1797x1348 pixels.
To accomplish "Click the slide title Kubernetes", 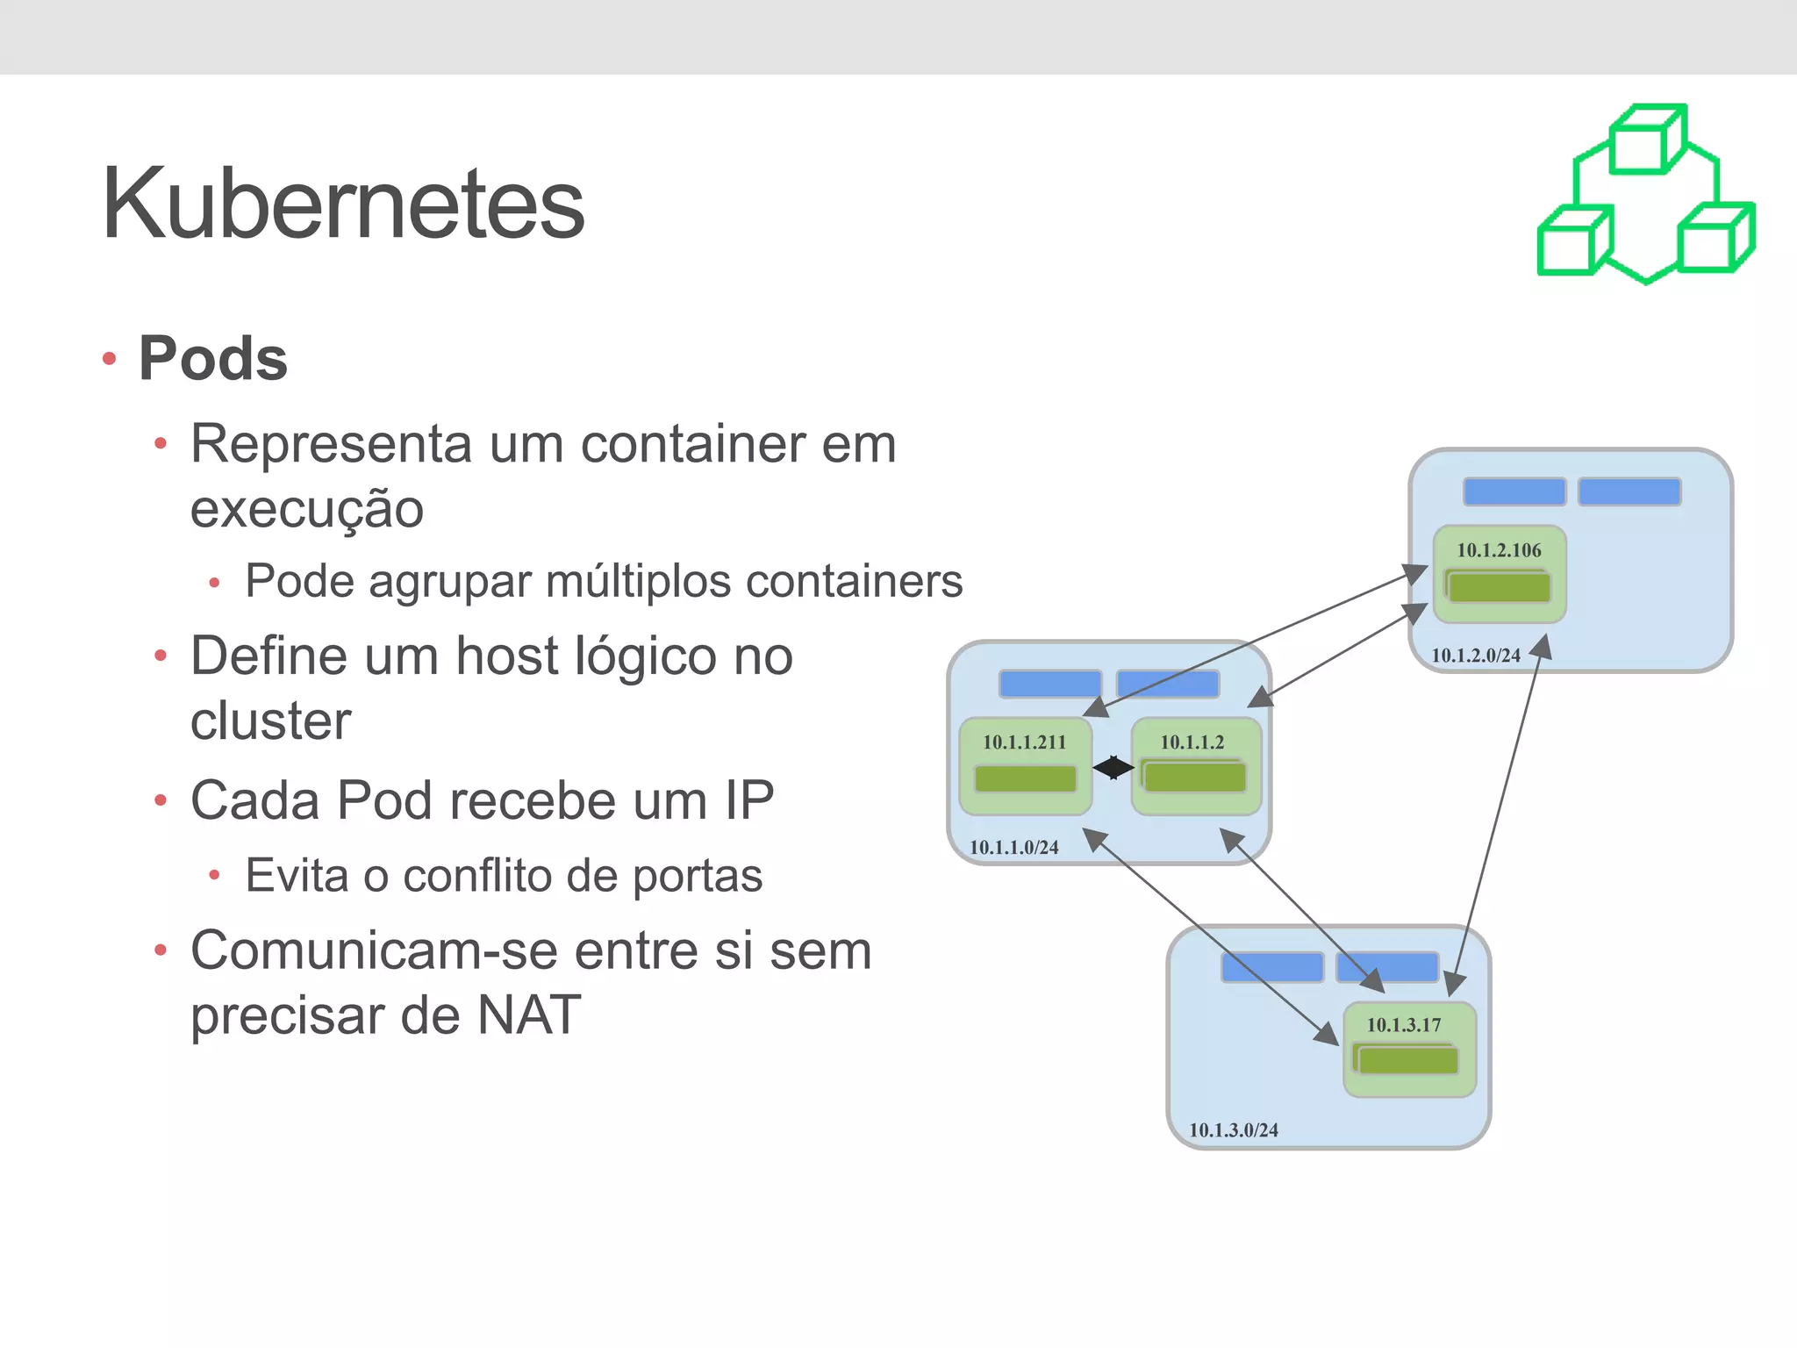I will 343,204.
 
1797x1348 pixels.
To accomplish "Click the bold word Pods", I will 213,359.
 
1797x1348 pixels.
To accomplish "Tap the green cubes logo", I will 1646,195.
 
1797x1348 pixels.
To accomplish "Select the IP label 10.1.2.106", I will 1499,550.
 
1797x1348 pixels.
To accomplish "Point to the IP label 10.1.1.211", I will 1024,742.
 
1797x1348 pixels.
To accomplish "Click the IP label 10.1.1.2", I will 1192,742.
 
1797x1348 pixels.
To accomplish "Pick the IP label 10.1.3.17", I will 1404,1025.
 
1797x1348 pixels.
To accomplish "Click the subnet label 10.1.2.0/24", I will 1476,656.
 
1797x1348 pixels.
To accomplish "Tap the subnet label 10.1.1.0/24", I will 1013,848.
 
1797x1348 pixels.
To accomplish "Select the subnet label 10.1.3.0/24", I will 1233,1130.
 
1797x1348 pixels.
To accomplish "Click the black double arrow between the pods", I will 1113,768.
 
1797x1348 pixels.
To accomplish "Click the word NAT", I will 529,1015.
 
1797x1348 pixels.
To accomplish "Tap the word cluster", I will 270,721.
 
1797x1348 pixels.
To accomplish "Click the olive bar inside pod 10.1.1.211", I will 1025,778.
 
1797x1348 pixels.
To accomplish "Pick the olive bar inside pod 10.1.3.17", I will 1407,1061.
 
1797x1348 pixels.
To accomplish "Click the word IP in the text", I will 749,800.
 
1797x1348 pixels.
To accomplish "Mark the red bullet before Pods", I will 110,359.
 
